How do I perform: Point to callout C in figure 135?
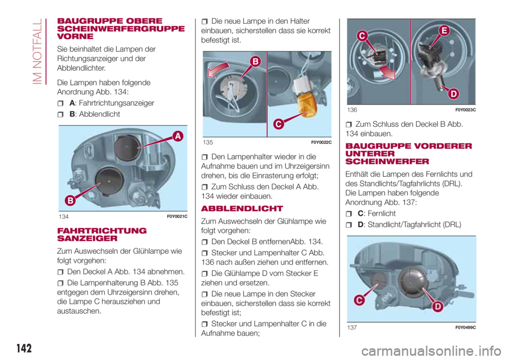(x=278, y=124)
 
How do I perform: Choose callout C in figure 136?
(x=363, y=36)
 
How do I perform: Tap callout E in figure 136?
(x=443, y=32)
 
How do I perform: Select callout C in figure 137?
(x=360, y=301)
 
